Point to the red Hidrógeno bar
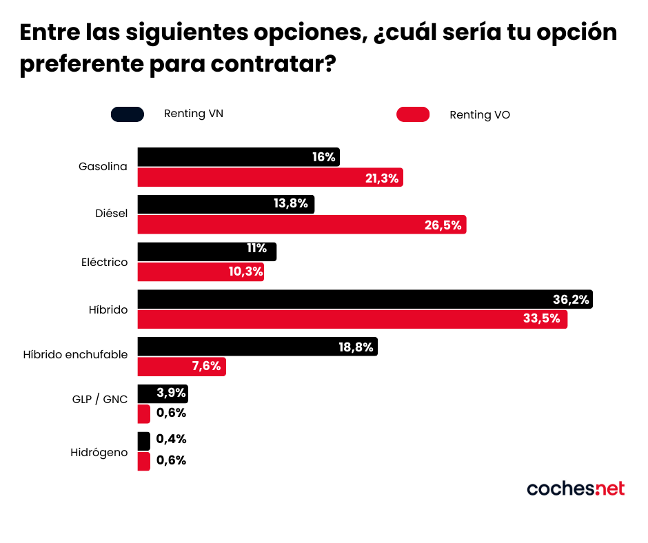click(x=143, y=461)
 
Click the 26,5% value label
click(x=443, y=225)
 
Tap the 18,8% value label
click(x=356, y=347)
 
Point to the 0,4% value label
click(x=172, y=439)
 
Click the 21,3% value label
click(x=382, y=178)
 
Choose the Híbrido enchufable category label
click(x=75, y=354)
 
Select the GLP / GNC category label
click(x=100, y=399)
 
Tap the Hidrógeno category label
click(x=99, y=453)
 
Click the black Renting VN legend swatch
click(x=128, y=114)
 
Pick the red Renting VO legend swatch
click(x=413, y=114)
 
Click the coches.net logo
click(x=576, y=489)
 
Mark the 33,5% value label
click(x=544, y=320)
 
